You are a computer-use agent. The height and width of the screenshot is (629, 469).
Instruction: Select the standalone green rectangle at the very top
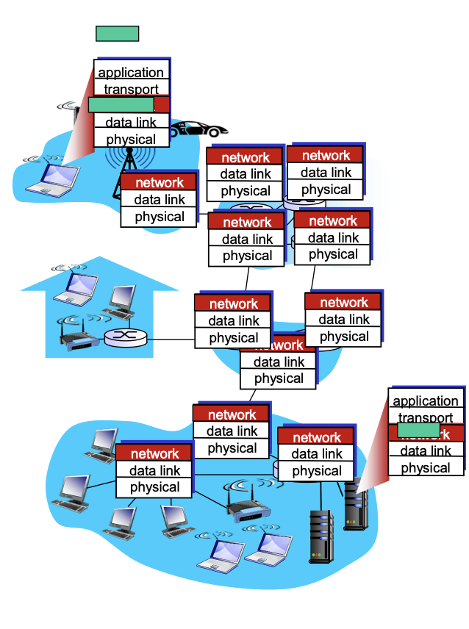(x=117, y=33)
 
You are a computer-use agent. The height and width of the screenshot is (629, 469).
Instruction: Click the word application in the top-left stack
(x=131, y=72)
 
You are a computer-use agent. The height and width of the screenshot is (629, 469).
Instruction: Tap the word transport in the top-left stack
(x=131, y=90)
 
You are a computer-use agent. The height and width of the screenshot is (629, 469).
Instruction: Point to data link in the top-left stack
(x=131, y=122)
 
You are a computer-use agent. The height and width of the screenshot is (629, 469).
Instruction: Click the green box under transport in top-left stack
(x=121, y=105)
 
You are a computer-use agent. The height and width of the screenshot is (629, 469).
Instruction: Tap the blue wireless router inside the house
(x=79, y=339)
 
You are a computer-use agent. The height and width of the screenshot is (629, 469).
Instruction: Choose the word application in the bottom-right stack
(x=426, y=401)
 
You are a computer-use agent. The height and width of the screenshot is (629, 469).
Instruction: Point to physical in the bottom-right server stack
(x=426, y=468)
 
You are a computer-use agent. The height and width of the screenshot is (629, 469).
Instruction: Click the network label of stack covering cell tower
(x=159, y=182)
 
